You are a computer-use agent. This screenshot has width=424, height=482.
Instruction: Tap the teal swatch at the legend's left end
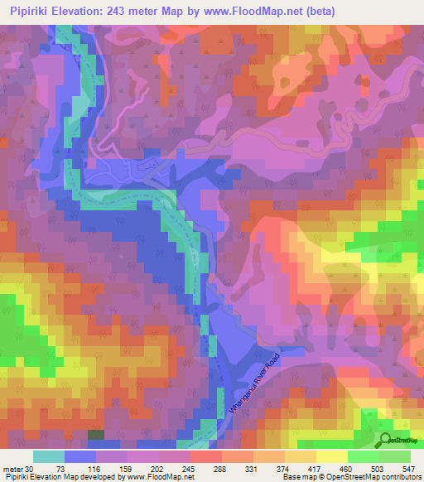pos(49,456)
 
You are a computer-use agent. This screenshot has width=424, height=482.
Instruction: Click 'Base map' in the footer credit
pos(293,478)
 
